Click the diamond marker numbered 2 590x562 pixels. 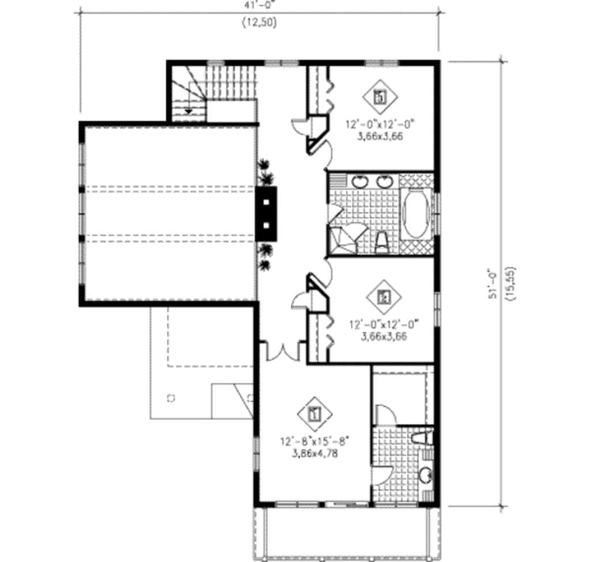click(384, 297)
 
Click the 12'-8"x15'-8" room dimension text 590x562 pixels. click(315, 442)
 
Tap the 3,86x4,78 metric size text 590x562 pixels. click(315, 454)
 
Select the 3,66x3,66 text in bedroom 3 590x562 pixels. click(381, 136)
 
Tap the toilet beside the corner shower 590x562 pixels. click(381, 242)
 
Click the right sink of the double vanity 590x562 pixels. click(384, 181)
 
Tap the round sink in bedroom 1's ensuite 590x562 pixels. click(425, 476)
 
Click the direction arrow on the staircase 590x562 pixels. click(188, 110)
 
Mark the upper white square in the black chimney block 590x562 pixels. click(267, 202)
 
